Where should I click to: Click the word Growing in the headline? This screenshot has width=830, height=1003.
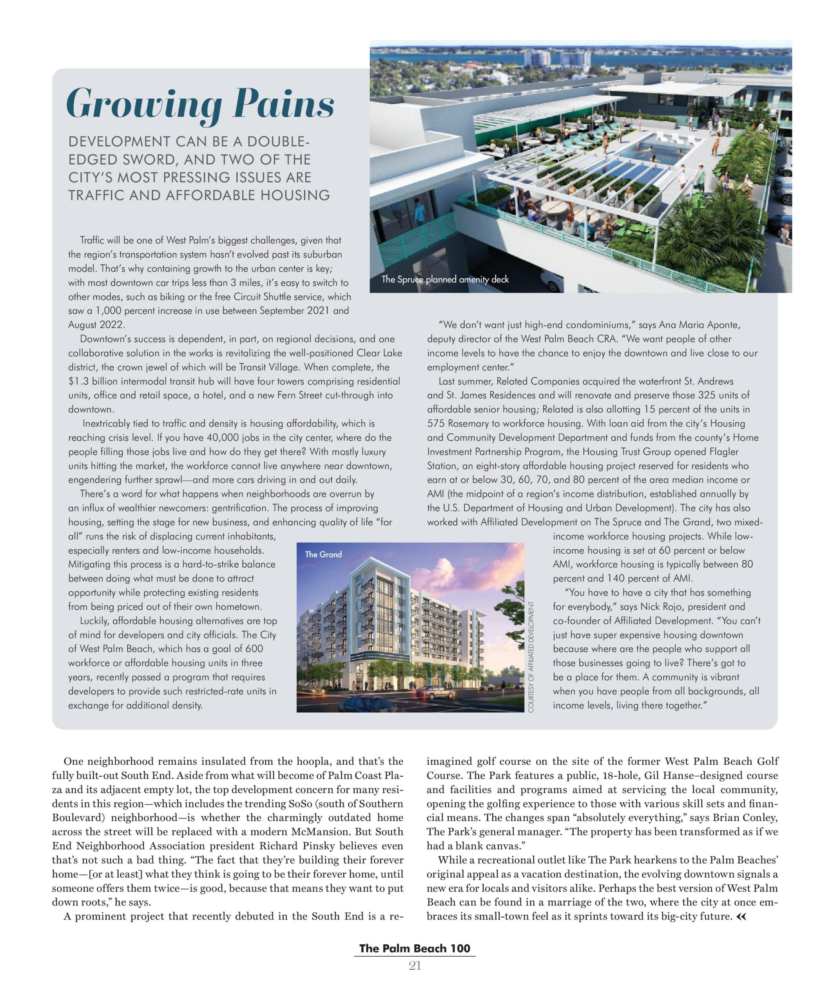pos(144,104)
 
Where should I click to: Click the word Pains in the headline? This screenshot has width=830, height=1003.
pos(283,104)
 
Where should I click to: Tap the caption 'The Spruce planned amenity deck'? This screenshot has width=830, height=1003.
pos(444,279)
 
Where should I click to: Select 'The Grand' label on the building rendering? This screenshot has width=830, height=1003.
pos(323,554)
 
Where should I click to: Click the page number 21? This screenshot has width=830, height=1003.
pos(414,966)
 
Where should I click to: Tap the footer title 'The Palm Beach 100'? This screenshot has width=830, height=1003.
pos(414,949)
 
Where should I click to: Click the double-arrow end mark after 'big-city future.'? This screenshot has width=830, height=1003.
pos(741,916)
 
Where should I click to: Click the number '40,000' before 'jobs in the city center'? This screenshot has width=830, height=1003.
pos(207,438)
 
